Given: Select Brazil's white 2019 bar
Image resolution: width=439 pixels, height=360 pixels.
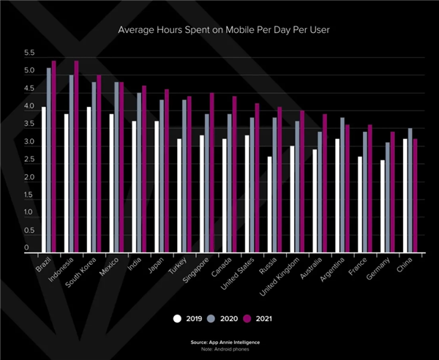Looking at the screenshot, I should click(x=44, y=179).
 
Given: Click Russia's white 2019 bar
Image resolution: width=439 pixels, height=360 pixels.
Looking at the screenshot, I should click(x=271, y=204).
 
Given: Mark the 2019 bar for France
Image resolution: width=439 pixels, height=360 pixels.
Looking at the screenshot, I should click(x=361, y=204).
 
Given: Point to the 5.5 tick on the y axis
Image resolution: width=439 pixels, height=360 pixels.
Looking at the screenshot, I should click(x=29, y=53).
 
